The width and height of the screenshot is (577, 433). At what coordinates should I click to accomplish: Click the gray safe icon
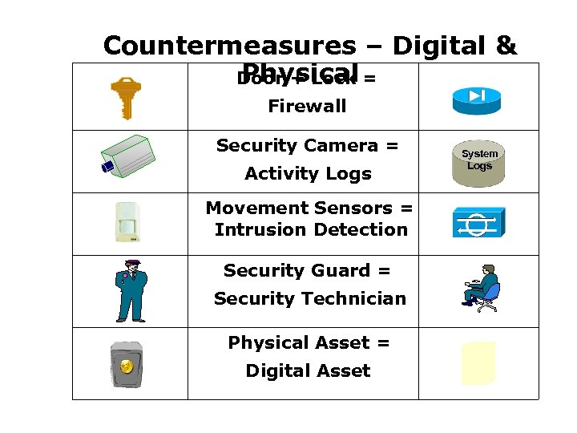tap(127, 364)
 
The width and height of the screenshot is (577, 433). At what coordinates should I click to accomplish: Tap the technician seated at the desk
tap(482, 287)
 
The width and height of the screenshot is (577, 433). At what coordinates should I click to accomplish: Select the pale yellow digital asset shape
tap(478, 363)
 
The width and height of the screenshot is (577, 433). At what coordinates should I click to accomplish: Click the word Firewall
tap(307, 106)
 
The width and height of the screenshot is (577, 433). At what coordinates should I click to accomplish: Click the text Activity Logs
tap(308, 174)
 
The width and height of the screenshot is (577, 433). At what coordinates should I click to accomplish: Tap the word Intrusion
tap(260, 230)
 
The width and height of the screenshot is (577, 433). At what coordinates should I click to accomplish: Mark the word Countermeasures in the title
tap(228, 46)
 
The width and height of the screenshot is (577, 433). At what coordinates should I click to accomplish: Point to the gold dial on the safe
tap(127, 367)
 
